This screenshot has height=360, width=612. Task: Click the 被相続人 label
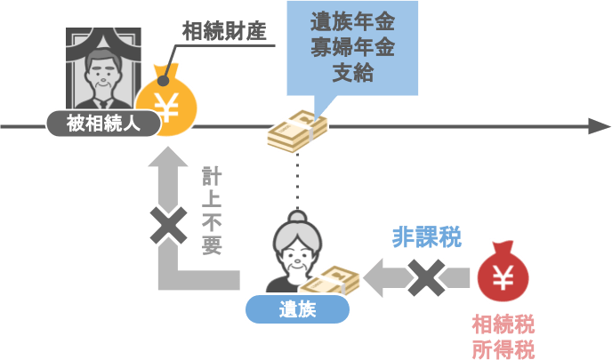(102, 124)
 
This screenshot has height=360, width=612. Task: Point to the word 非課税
(426, 238)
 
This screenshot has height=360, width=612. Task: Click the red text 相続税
(503, 322)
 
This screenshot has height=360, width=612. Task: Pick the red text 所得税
(503, 347)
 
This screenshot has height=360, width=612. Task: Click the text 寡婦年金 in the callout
(352, 46)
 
